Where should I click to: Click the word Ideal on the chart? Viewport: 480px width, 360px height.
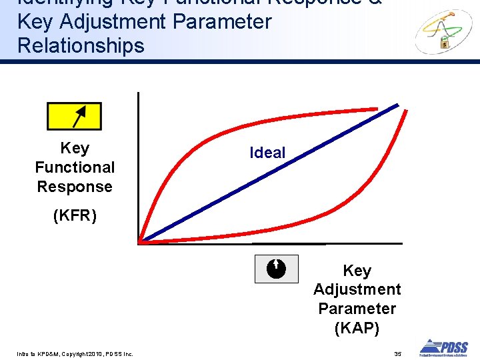click(x=267, y=153)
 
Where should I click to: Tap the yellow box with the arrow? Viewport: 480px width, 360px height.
click(x=74, y=116)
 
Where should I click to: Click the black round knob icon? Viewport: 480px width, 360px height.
click(x=276, y=269)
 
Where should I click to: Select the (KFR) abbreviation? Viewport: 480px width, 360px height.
click(x=75, y=216)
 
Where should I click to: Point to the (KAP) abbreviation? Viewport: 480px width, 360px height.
click(x=357, y=328)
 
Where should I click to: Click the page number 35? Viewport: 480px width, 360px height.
click(x=397, y=353)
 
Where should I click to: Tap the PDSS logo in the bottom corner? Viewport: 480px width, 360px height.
click(x=443, y=347)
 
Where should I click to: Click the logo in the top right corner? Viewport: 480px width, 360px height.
click(x=443, y=31)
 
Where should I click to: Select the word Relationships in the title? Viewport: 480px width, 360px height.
click(x=81, y=46)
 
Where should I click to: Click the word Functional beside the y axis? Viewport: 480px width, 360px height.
click(x=75, y=167)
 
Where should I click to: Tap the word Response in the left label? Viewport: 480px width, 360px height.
click(x=75, y=187)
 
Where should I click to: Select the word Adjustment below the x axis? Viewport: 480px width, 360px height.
click(x=357, y=289)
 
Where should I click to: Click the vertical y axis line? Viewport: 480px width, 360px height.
click(x=137, y=167)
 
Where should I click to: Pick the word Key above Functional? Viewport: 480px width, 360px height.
click(x=75, y=148)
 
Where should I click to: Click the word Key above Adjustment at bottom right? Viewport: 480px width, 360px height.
click(x=357, y=271)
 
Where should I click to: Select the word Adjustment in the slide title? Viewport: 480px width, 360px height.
click(x=111, y=22)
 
